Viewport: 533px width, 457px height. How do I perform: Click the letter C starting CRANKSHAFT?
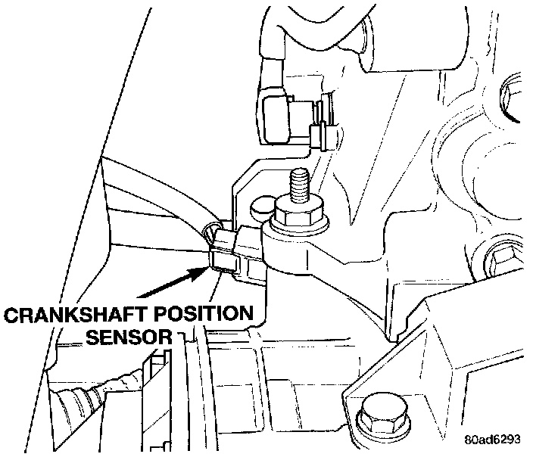(x=11, y=312)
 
